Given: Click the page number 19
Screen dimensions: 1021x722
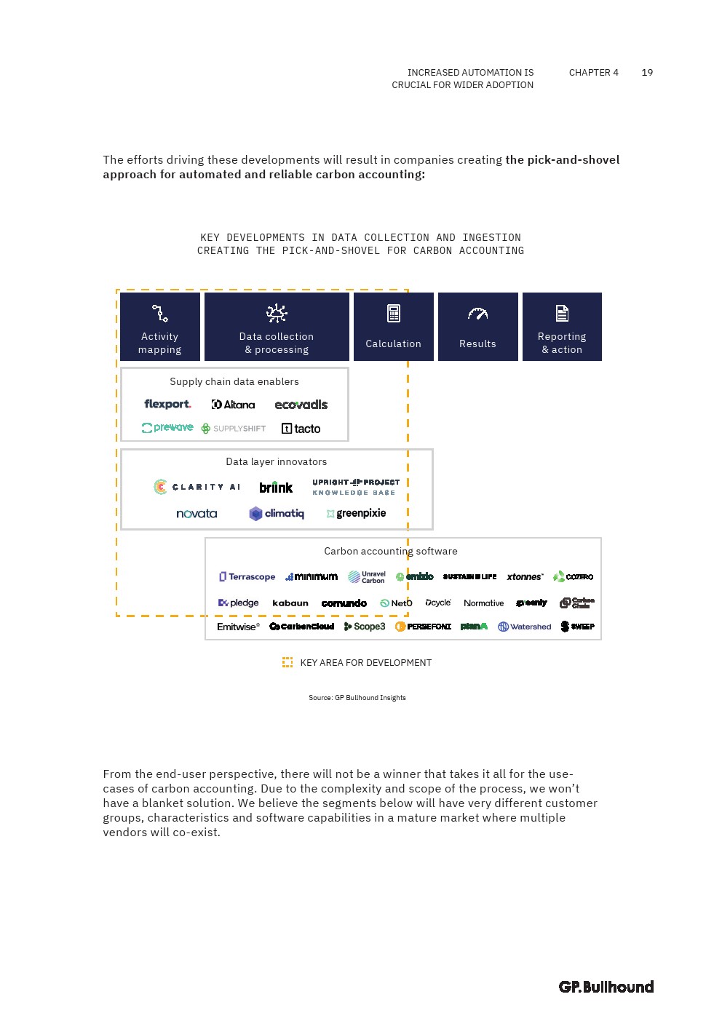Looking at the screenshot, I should click(x=647, y=73).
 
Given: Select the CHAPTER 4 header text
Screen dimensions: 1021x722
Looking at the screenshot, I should click(x=593, y=73).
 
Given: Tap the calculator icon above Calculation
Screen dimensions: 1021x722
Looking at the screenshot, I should click(x=394, y=314).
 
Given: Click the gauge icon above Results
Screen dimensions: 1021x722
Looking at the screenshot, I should click(x=477, y=314).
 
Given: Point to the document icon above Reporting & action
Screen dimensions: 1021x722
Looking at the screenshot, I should click(x=562, y=314).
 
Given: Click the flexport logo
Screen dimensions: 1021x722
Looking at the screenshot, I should click(x=167, y=405).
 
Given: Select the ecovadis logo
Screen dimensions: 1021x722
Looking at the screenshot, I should click(x=301, y=405).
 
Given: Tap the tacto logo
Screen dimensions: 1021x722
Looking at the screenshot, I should click(x=301, y=429).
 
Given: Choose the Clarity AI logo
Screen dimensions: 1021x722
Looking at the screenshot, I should click(x=197, y=487).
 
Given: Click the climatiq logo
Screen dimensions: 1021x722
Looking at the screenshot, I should click(x=277, y=514).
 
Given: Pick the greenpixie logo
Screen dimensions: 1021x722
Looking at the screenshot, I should click(x=357, y=514).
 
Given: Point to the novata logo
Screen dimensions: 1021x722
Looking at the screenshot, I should click(x=197, y=514).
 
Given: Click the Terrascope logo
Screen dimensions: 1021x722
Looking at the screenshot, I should click(x=247, y=577).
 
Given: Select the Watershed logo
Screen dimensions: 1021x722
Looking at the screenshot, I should click(x=525, y=627).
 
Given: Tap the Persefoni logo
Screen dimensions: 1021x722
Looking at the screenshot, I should click(x=423, y=627).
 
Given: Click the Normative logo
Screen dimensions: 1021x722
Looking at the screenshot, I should click(x=483, y=603).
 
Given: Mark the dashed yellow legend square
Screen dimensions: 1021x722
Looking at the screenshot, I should click(x=287, y=662).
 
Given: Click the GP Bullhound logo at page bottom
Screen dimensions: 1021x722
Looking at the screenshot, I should click(x=606, y=987).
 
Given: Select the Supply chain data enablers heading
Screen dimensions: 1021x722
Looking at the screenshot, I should click(x=234, y=382).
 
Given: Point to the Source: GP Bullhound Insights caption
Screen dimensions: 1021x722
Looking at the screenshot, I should click(x=357, y=698).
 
